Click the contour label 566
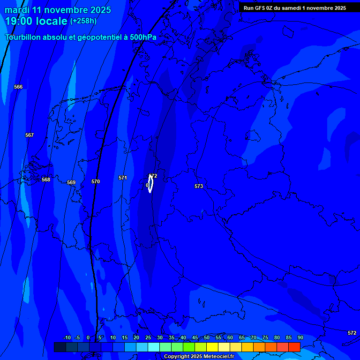tap(18, 87)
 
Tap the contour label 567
tap(30, 135)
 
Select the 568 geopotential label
tap(46, 180)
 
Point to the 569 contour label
tap(71, 182)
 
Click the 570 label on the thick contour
tap(96, 181)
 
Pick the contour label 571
tap(123, 178)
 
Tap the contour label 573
tap(199, 186)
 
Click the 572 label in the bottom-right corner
tap(352, 333)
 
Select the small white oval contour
tap(150, 184)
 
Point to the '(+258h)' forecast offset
tap(83, 21)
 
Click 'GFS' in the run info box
tap(260, 8)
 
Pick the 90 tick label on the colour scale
tap(300, 337)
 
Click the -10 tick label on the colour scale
tap(67, 337)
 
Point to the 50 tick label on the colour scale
tap(206, 337)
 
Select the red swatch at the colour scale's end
tap(294, 347)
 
